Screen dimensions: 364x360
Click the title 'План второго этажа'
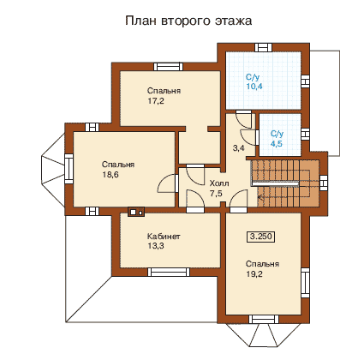click(x=188, y=21)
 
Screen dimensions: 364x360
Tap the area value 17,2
click(x=156, y=101)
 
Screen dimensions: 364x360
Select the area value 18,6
click(x=110, y=175)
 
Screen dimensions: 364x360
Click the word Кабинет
click(x=164, y=237)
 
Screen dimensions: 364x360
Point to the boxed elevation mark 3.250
click(x=260, y=237)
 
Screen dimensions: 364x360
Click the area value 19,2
click(x=254, y=274)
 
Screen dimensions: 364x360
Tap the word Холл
click(x=219, y=183)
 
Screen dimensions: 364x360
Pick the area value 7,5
click(x=216, y=194)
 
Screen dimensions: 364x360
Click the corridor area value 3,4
click(x=239, y=148)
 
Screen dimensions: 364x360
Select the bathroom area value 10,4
click(x=254, y=87)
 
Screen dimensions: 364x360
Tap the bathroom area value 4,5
click(x=277, y=143)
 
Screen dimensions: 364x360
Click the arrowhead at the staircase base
click(x=260, y=197)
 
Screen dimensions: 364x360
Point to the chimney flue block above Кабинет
click(x=136, y=212)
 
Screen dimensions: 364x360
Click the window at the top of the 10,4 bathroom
click(x=263, y=47)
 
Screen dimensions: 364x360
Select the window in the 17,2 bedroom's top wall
click(x=168, y=67)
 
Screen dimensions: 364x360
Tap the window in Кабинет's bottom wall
click(x=170, y=272)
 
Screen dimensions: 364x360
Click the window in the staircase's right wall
click(x=323, y=183)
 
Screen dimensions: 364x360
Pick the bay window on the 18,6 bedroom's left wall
click(x=69, y=169)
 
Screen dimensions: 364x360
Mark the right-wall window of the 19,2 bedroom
click(x=305, y=283)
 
